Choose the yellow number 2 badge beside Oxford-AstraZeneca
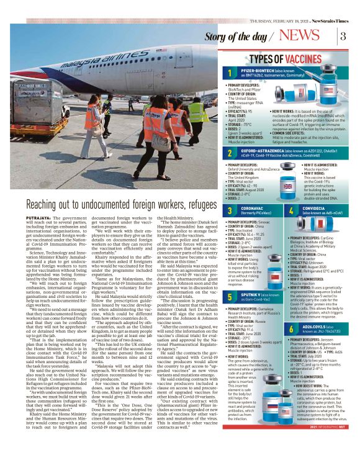point(230,152)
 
